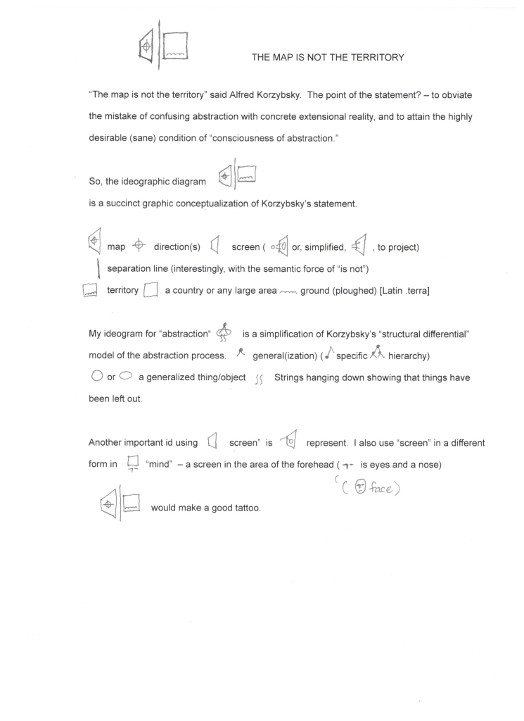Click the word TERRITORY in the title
(376, 58)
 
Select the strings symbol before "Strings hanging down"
(257, 379)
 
